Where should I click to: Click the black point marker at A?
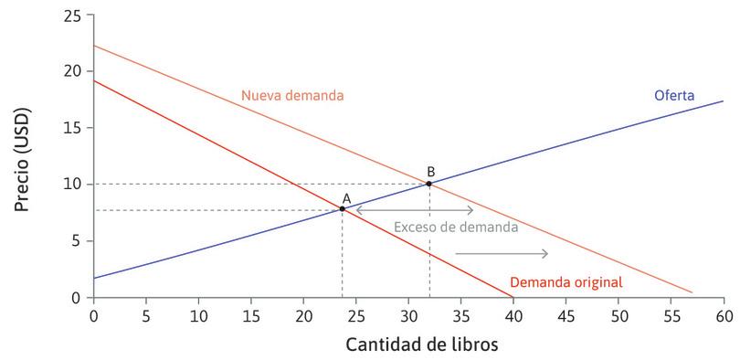coord(343,208)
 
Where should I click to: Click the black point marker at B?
coord(429,184)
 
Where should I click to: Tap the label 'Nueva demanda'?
coord(292,95)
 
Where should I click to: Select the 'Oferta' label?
coord(674,95)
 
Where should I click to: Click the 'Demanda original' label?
coord(566,282)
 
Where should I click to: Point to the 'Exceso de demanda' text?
coord(456,227)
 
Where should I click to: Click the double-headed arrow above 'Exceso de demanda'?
coord(414,210)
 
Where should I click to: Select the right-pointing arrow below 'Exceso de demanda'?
coord(502,253)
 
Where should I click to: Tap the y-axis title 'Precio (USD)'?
coord(23,156)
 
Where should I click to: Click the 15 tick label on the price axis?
coord(72,128)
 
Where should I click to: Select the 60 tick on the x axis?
coord(724,315)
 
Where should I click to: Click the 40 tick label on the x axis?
coord(513,315)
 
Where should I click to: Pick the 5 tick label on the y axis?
coord(77,241)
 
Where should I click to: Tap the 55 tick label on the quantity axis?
coord(671,315)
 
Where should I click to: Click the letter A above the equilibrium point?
coord(346,197)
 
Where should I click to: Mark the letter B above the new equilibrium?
coord(430,171)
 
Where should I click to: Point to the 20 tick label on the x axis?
coord(303,315)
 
